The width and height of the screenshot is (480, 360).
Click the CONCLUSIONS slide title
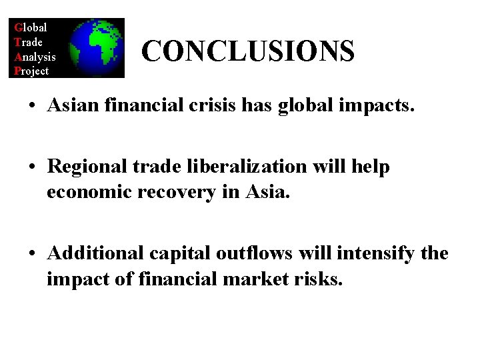[x=248, y=51]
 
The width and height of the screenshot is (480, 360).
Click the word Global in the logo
[x=31, y=27]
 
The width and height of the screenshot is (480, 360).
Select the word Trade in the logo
[x=29, y=42]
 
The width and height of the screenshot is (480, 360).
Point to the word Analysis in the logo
[x=35, y=57]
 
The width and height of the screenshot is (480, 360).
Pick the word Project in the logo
[x=31, y=71]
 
